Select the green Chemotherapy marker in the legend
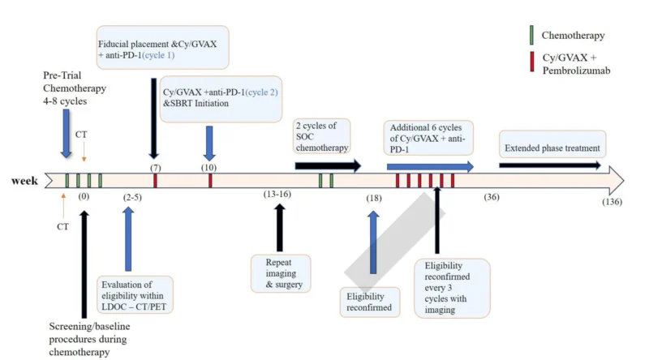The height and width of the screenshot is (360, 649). [x=531, y=36]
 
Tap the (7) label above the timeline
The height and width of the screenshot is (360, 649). [x=154, y=166]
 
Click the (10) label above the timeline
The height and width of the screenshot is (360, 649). [x=210, y=166]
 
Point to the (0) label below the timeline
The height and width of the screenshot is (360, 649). [x=84, y=196]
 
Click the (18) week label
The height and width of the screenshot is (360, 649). [x=373, y=197]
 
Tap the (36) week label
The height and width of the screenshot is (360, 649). [x=492, y=197]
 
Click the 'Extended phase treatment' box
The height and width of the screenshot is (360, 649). [x=552, y=148]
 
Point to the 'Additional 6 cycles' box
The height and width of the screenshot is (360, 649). [x=430, y=138]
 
